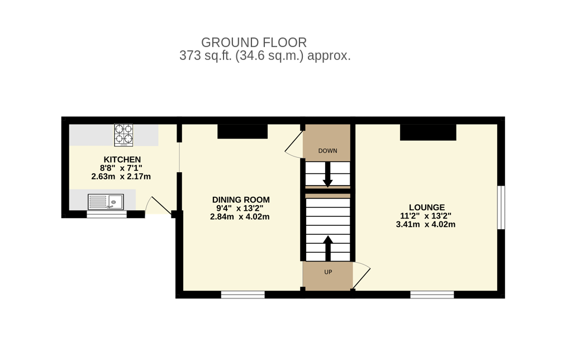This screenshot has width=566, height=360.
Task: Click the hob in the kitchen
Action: [123, 135]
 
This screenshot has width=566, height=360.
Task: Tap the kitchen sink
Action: [106, 202]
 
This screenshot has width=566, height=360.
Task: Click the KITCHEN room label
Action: [122, 160]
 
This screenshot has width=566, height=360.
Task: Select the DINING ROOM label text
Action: [241, 200]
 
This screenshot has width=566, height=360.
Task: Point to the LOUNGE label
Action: [427, 207]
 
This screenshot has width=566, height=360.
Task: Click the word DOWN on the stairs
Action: [328, 150]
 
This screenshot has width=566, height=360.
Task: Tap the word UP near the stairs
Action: [328, 272]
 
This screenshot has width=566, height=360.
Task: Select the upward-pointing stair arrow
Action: [328, 248]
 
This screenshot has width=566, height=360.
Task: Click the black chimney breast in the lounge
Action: [428, 132]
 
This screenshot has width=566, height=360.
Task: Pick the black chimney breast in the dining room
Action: [242, 131]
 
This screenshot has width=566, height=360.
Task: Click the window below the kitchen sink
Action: [107, 214]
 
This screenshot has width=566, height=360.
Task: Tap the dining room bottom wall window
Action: [243, 295]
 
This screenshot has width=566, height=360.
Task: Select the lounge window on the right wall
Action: [501, 207]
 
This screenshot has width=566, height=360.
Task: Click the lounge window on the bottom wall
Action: [432, 295]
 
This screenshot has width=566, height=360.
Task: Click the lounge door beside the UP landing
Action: [362, 276]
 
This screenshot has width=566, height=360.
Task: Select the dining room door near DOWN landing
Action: [294, 144]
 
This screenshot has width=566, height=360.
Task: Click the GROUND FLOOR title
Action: [254, 42]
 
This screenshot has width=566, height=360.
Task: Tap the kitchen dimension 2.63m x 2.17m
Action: [121, 177]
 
